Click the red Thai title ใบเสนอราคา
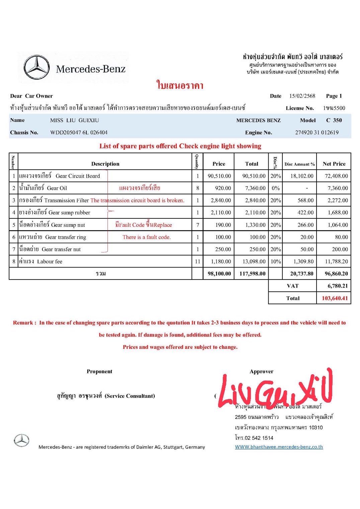180,85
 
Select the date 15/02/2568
302,96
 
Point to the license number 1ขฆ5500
334,108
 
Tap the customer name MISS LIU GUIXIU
74,120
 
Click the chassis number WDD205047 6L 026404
79,132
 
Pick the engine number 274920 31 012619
317,132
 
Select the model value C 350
334,120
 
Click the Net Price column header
334,164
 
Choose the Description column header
105,164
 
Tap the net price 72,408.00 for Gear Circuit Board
336,176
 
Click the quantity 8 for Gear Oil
197,188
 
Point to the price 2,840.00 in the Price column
219,200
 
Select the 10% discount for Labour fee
275,262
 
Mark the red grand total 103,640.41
335,298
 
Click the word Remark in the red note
23,323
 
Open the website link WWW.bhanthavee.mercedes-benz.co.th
279,447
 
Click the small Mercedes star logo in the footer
22,440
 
